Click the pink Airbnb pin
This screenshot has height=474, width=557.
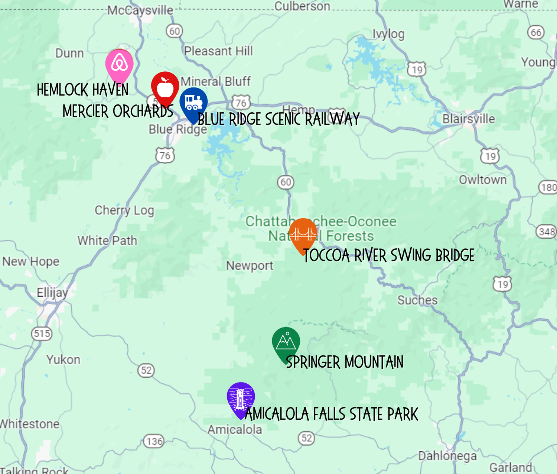coord(119,64)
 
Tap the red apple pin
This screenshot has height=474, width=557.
coord(165,87)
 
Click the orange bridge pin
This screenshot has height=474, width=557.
coord(303,233)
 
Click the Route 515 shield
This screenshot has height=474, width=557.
coord(42,333)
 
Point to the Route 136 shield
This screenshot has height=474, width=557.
coord(154,441)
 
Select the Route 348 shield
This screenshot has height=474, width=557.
coord(547,232)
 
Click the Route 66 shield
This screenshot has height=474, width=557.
coord(536,32)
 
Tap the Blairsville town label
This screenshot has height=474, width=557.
coord(468,119)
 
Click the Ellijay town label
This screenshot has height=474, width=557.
coord(52,293)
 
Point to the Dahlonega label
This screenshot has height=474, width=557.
coord(447,456)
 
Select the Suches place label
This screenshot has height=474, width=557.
coord(417,300)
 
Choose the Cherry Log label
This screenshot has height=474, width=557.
coord(124,210)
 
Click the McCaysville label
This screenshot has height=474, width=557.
coord(140,10)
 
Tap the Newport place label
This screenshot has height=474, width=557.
coord(250,265)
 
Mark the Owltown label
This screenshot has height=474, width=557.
coord(483,180)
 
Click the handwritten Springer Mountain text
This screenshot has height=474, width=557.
coord(345,362)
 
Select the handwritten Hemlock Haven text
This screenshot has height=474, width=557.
coord(83,90)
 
